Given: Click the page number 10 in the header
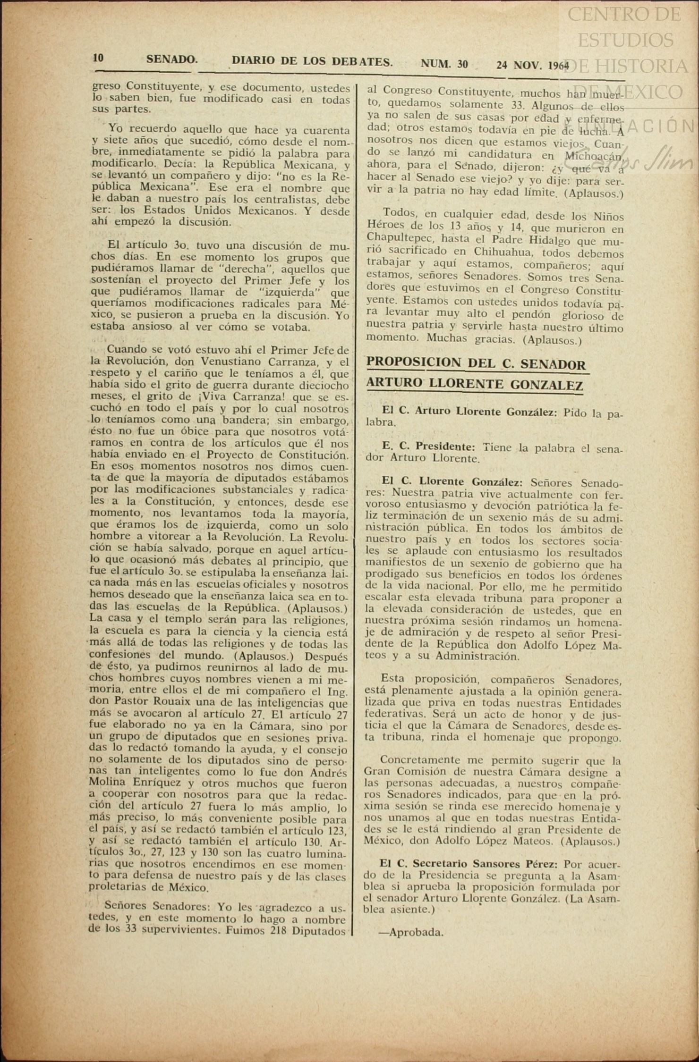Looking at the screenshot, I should tap(98, 58).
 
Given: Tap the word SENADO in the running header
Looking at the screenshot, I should tap(171, 59).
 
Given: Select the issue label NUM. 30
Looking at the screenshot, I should tap(444, 64).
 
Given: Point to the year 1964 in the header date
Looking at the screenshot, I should tap(559, 66).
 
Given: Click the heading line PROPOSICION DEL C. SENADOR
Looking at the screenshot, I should tap(476, 364).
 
